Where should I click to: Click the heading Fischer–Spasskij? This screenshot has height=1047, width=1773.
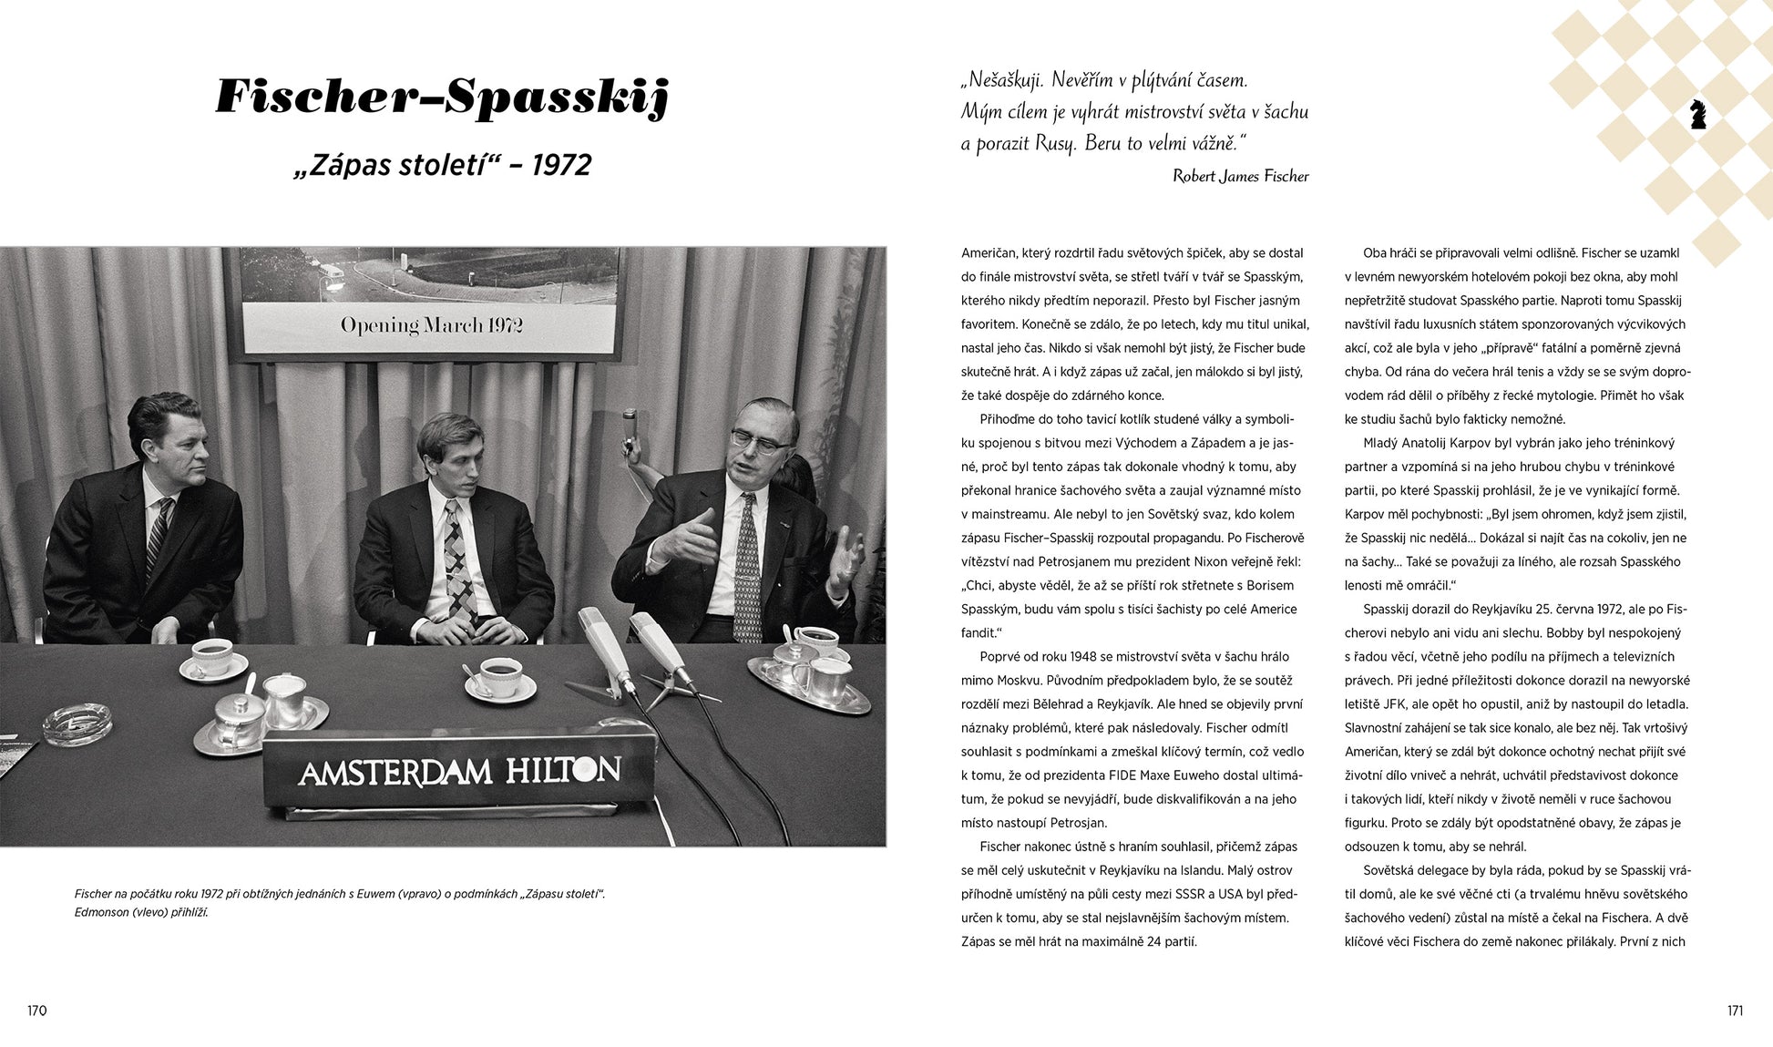[443, 98]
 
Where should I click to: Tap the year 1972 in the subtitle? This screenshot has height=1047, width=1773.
[561, 165]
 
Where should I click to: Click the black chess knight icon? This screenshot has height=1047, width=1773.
[1696, 114]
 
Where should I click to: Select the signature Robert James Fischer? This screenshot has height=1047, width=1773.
[1240, 177]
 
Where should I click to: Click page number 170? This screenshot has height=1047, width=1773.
[36, 1011]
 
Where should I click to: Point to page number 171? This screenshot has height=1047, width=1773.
[1734, 1011]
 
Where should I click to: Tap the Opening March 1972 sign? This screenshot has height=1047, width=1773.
[431, 325]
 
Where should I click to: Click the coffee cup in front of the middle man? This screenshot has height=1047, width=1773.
[497, 676]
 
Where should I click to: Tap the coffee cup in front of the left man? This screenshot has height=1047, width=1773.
[212, 655]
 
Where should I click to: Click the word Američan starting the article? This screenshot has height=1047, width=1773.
[991, 253]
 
